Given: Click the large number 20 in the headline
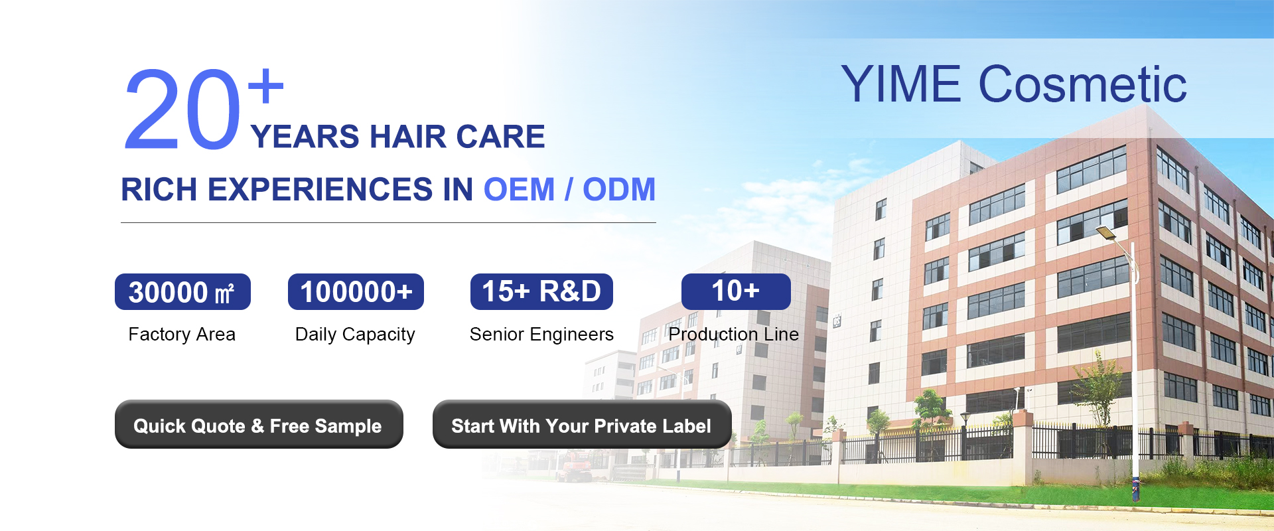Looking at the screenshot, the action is pyautogui.click(x=182, y=110).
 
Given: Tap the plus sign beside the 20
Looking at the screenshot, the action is pyautogui.click(x=265, y=86).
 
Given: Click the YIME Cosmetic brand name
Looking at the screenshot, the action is pyautogui.click(x=1014, y=84).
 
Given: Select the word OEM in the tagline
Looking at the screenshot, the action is pyautogui.click(x=519, y=189).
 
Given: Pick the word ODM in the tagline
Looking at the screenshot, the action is pyautogui.click(x=619, y=189).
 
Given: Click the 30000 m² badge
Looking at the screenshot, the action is pyautogui.click(x=182, y=292).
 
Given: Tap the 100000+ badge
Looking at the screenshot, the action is pyautogui.click(x=356, y=292).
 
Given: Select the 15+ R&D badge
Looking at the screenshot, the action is pyautogui.click(x=541, y=292).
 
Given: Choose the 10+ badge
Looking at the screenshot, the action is pyautogui.click(x=736, y=291).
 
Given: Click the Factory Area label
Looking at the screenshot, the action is pyautogui.click(x=182, y=334).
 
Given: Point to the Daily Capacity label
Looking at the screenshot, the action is pyautogui.click(x=355, y=335).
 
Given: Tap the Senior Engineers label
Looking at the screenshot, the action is pyautogui.click(x=541, y=335).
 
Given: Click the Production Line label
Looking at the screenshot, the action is pyautogui.click(x=733, y=334).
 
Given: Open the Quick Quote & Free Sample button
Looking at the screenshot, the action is pyautogui.click(x=259, y=424).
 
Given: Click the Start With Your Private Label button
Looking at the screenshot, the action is pyautogui.click(x=582, y=424).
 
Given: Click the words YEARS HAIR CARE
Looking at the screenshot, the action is pyautogui.click(x=397, y=137).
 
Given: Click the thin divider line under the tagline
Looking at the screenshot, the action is pyautogui.click(x=388, y=222).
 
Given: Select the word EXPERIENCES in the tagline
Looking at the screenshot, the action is pyautogui.click(x=320, y=189).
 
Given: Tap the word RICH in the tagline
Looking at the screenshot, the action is pyautogui.click(x=159, y=189).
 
